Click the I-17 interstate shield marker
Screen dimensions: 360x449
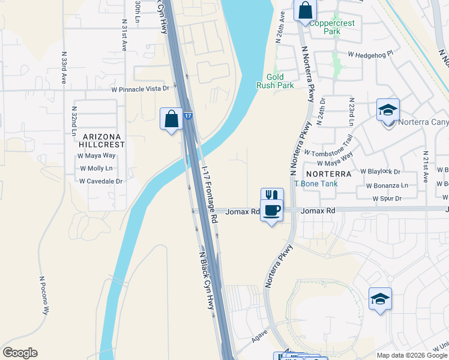188,116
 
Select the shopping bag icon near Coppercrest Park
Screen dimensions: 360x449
305,10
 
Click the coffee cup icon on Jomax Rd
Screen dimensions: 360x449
272,210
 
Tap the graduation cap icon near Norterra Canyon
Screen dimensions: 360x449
388,110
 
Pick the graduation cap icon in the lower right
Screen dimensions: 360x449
380,299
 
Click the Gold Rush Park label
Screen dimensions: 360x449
280,82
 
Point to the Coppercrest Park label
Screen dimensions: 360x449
332,28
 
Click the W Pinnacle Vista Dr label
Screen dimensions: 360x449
140,89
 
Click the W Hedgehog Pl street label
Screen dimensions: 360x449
370,53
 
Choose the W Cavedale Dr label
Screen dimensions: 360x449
101,181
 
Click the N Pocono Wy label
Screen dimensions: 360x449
43,295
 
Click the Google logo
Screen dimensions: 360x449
20,353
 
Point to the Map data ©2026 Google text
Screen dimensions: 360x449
411,355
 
